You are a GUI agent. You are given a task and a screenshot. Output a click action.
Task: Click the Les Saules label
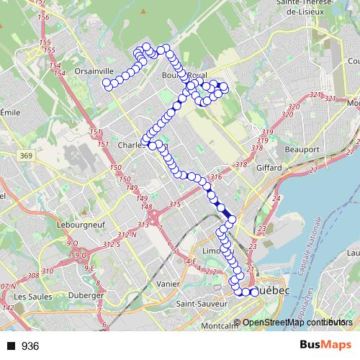tap(30, 296)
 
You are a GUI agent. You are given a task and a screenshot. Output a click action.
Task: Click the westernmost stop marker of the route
tap(107, 84)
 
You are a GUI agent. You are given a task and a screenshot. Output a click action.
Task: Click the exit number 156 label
tap(42, 16)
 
